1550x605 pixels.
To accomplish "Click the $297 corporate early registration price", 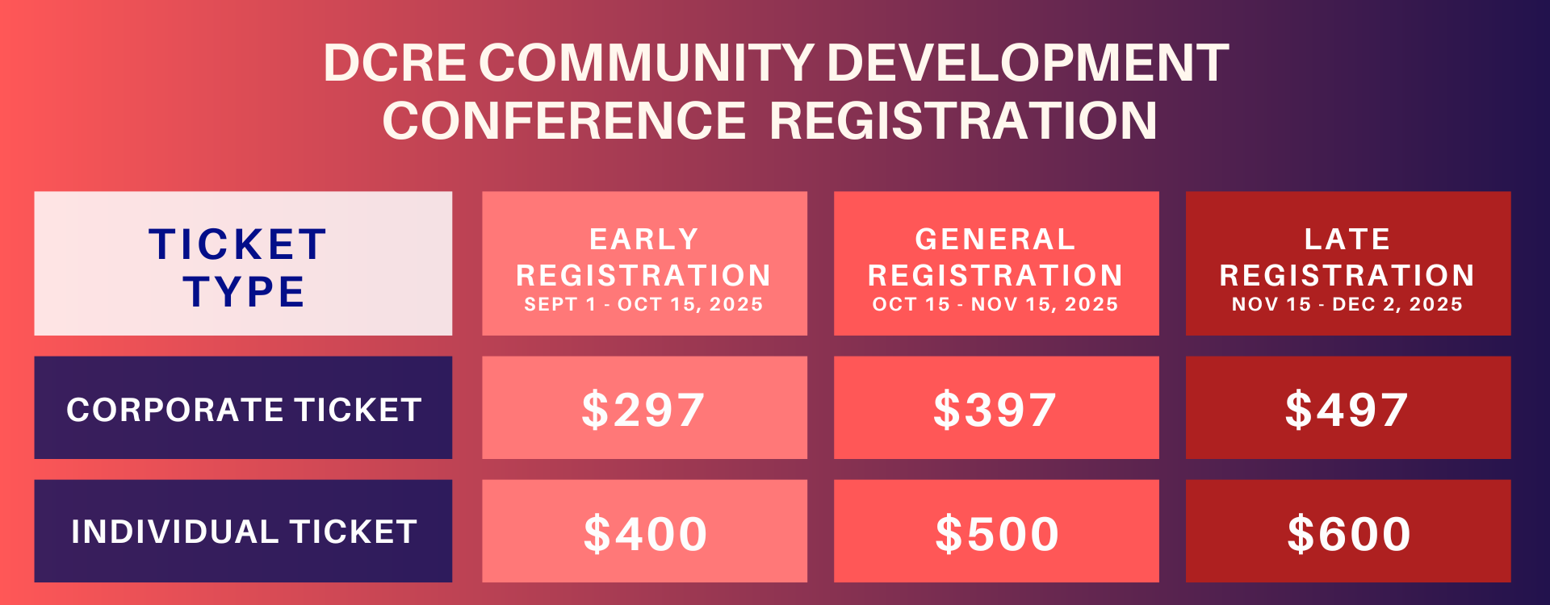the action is (643, 409).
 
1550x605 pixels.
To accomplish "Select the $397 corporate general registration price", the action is (995, 409).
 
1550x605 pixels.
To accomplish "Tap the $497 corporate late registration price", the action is (1347, 409).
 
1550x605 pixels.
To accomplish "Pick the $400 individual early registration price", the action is (645, 533).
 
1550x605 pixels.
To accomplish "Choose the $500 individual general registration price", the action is (997, 533).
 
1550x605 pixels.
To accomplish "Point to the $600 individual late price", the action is (1349, 533).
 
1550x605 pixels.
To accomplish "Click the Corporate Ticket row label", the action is (244, 410).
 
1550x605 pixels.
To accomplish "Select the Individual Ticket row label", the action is (244, 532).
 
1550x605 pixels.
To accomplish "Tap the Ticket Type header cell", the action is (243, 263).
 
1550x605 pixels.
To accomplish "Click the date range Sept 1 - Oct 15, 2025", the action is (643, 304).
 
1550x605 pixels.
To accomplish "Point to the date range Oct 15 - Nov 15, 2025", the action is (995, 304).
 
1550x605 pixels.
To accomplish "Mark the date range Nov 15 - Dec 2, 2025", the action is (1347, 304).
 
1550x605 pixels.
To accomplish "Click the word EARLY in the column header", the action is (644, 239).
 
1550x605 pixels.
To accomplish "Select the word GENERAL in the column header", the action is (995, 239).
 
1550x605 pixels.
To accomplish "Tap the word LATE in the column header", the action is (1347, 239).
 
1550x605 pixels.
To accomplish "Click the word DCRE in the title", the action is (395, 62).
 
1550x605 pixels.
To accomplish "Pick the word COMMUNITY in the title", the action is (647, 62).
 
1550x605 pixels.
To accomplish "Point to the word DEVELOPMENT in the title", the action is (1028, 62).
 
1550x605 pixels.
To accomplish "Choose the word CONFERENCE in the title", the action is (563, 120).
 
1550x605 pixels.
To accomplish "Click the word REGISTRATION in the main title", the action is (963, 120).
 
